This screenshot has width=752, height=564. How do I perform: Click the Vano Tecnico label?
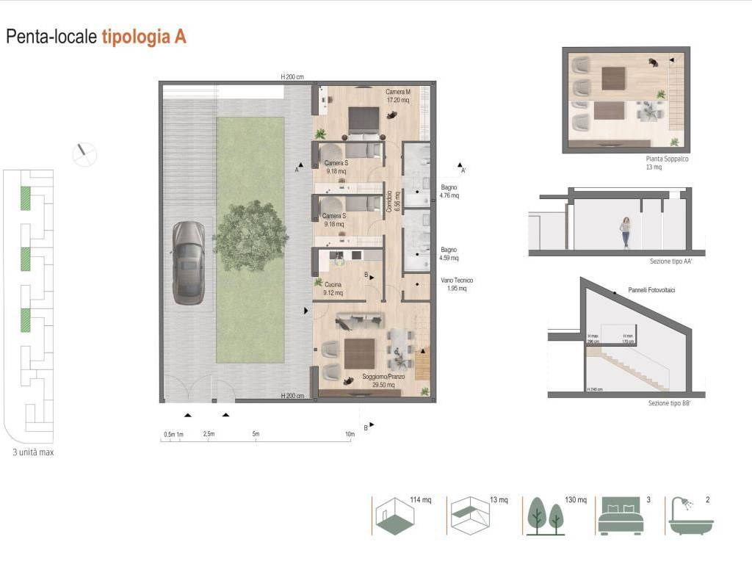[457, 284]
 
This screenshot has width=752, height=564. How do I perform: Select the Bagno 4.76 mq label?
[449, 192]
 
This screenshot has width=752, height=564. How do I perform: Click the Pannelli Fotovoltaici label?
[651, 291]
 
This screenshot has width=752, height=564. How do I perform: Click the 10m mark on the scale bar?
[350, 435]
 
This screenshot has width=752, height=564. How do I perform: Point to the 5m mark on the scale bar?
[256, 435]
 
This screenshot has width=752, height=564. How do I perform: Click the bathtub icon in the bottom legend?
[690, 517]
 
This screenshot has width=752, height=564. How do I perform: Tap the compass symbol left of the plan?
[84, 153]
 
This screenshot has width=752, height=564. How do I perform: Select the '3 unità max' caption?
[33, 452]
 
